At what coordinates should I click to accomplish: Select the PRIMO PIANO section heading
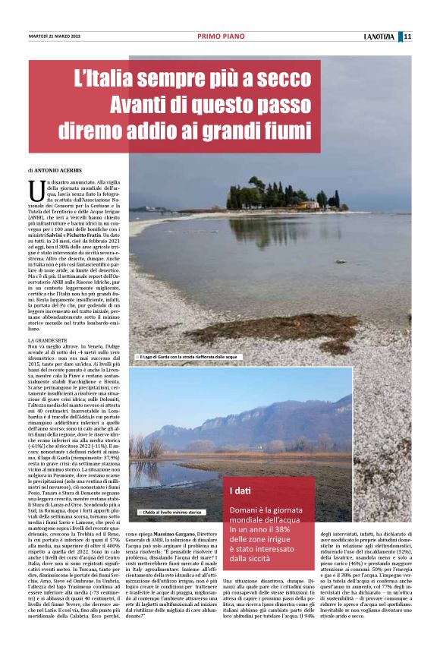[219, 36]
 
